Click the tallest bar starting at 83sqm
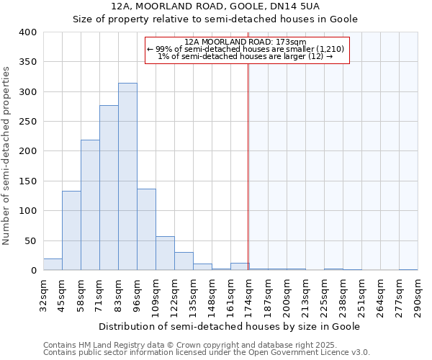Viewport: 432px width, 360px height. (x=127, y=176)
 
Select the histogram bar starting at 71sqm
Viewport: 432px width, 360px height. (x=109, y=188)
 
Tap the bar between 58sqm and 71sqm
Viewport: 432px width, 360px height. (x=90, y=205)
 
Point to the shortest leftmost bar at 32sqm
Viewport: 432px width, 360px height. (x=53, y=264)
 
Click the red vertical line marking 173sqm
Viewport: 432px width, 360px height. (x=248, y=166)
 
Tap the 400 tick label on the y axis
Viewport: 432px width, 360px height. (x=27, y=32)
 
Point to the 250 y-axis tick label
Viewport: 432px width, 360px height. (x=27, y=122)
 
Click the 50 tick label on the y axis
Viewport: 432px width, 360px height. (x=30, y=240)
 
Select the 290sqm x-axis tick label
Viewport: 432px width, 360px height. (x=418, y=295)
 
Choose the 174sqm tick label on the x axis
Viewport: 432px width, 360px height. (x=249, y=295)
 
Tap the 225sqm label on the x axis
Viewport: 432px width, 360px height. (x=324, y=295)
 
